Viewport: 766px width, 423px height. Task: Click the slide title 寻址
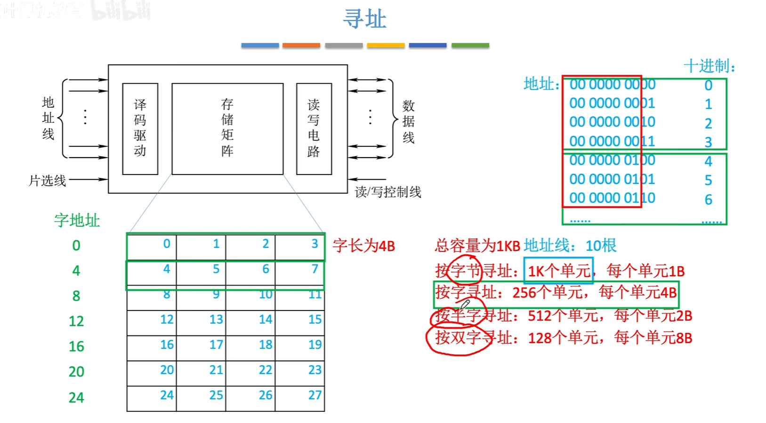(364, 19)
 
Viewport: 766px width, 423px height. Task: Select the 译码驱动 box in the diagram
(140, 128)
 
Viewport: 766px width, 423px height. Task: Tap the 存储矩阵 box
(227, 128)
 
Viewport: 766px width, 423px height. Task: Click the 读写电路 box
(314, 128)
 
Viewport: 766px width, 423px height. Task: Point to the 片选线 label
(47, 180)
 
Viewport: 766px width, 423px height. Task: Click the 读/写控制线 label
(388, 192)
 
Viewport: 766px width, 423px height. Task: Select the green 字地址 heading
(77, 220)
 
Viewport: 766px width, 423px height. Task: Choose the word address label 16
(76, 346)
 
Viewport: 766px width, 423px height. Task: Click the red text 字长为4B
(363, 246)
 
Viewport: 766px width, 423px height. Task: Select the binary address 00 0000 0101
(612, 179)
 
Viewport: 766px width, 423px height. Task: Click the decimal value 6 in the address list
(708, 200)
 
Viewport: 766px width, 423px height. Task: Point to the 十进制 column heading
(709, 66)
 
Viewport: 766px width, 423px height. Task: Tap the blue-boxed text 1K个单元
(558, 271)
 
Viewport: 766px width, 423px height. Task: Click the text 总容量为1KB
(477, 246)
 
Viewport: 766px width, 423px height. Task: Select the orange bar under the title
(301, 45)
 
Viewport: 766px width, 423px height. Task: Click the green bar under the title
(470, 45)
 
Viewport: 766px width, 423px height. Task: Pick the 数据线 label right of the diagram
(408, 121)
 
